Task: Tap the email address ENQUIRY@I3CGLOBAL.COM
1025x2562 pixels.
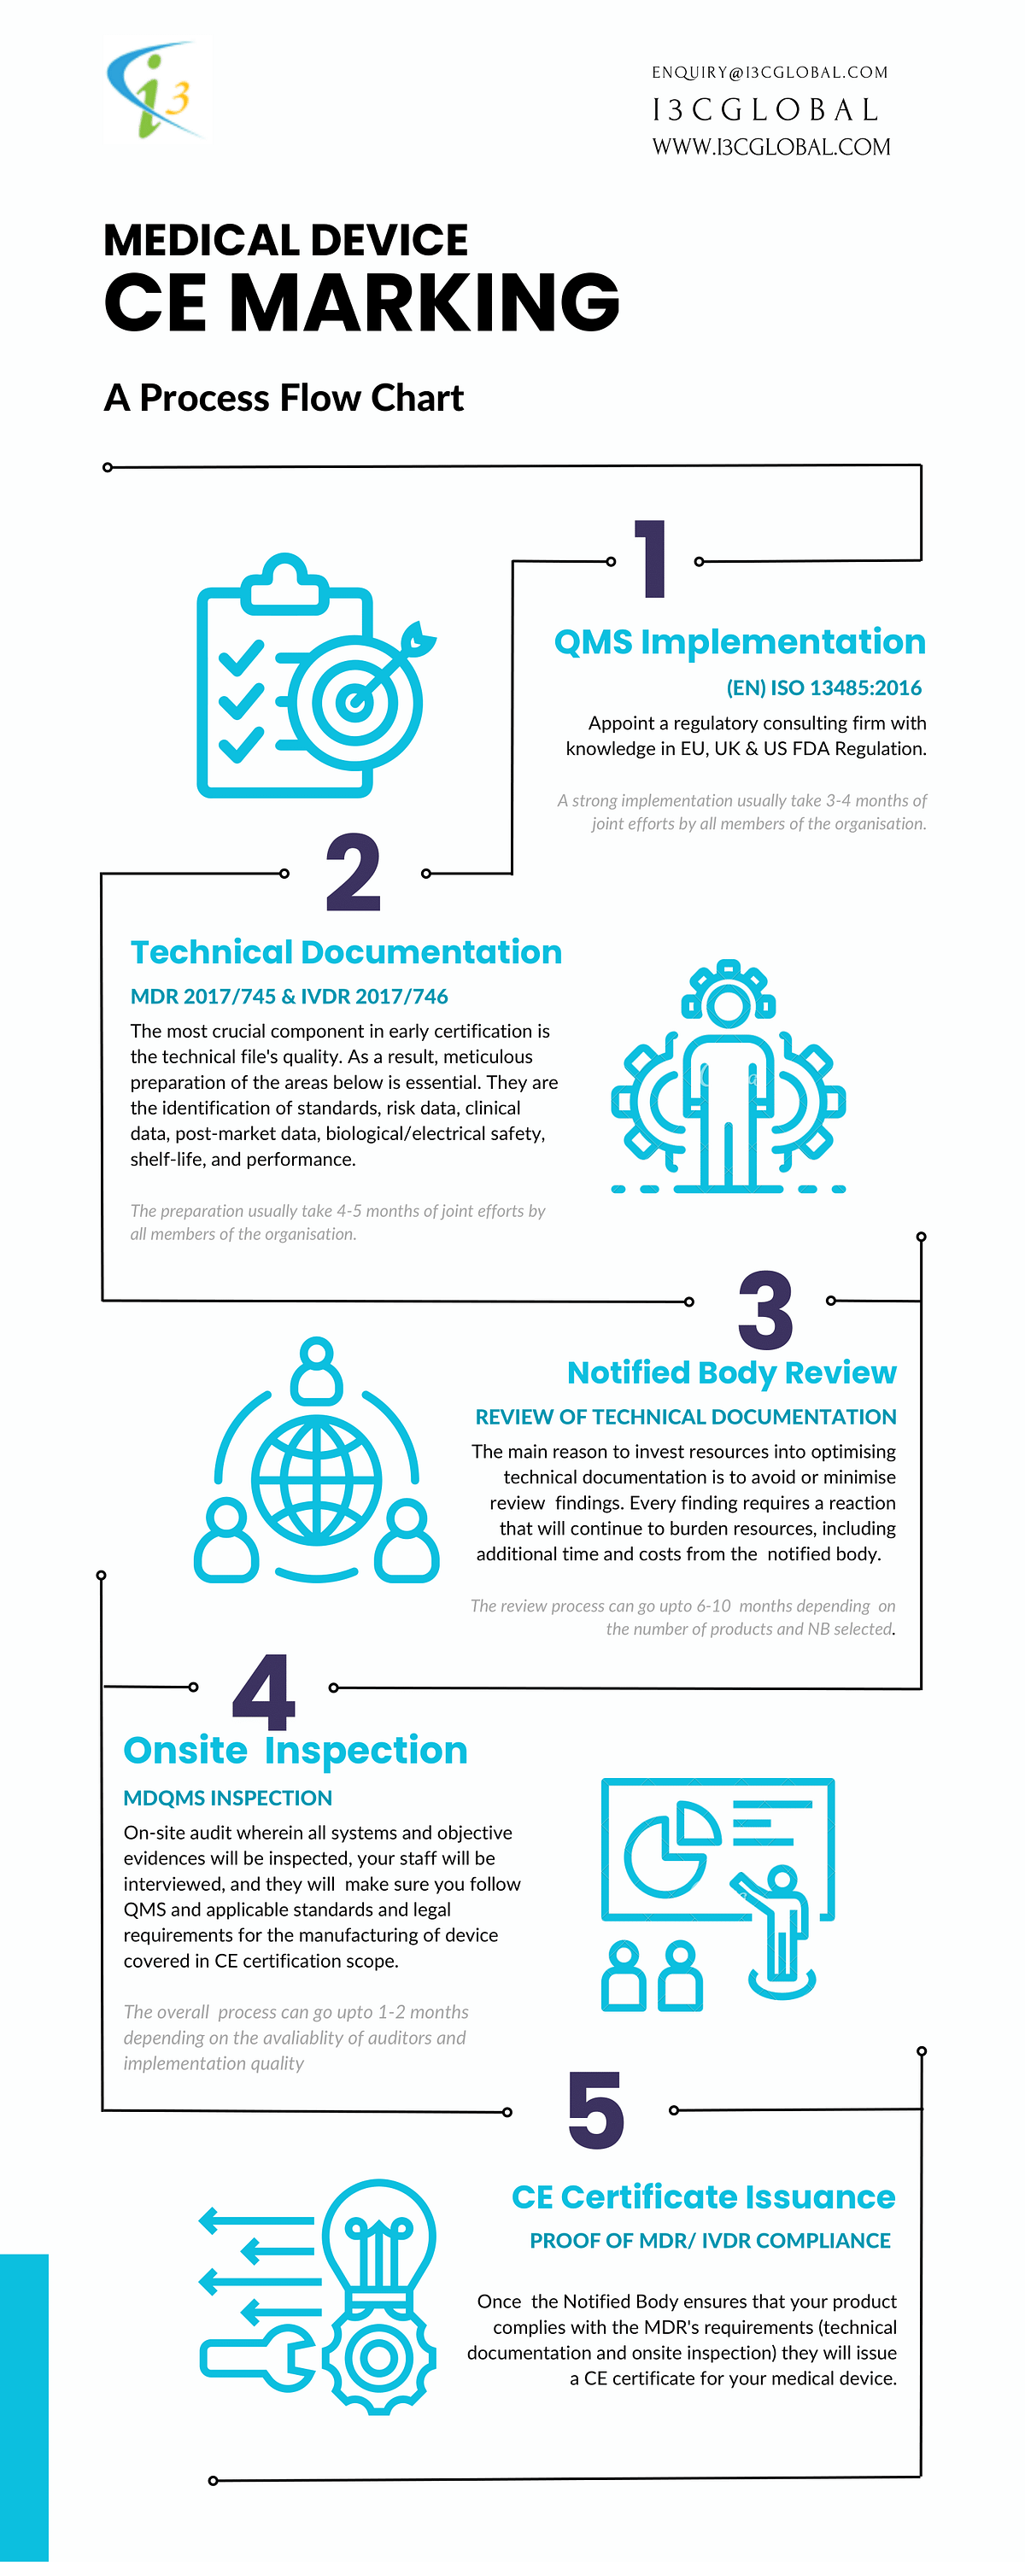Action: click(x=770, y=73)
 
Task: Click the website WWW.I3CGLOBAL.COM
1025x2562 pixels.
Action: click(x=771, y=147)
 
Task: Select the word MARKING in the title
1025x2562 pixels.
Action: click(x=425, y=302)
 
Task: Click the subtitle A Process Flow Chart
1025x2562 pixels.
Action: click(x=284, y=398)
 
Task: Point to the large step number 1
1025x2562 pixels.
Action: click(x=652, y=559)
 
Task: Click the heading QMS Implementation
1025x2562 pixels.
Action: click(x=740, y=641)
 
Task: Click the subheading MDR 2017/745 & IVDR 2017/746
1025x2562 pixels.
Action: click(x=289, y=996)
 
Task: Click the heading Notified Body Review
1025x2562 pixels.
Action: click(x=731, y=1372)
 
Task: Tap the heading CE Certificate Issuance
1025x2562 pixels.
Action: click(x=703, y=2196)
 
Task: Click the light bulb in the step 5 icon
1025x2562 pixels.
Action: click(x=379, y=2237)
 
